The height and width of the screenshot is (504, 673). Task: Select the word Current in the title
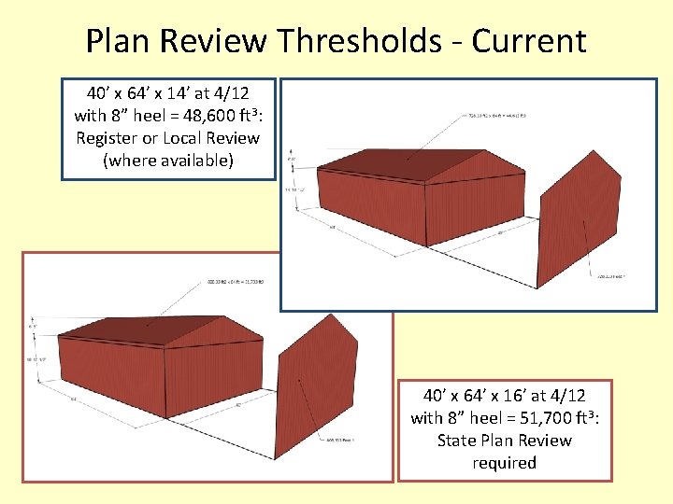click(529, 41)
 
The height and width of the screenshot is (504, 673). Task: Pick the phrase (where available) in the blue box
click(168, 161)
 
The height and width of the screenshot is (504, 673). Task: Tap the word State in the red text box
click(457, 441)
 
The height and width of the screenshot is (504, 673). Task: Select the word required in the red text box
click(505, 463)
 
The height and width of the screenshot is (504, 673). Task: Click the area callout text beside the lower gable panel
click(344, 439)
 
